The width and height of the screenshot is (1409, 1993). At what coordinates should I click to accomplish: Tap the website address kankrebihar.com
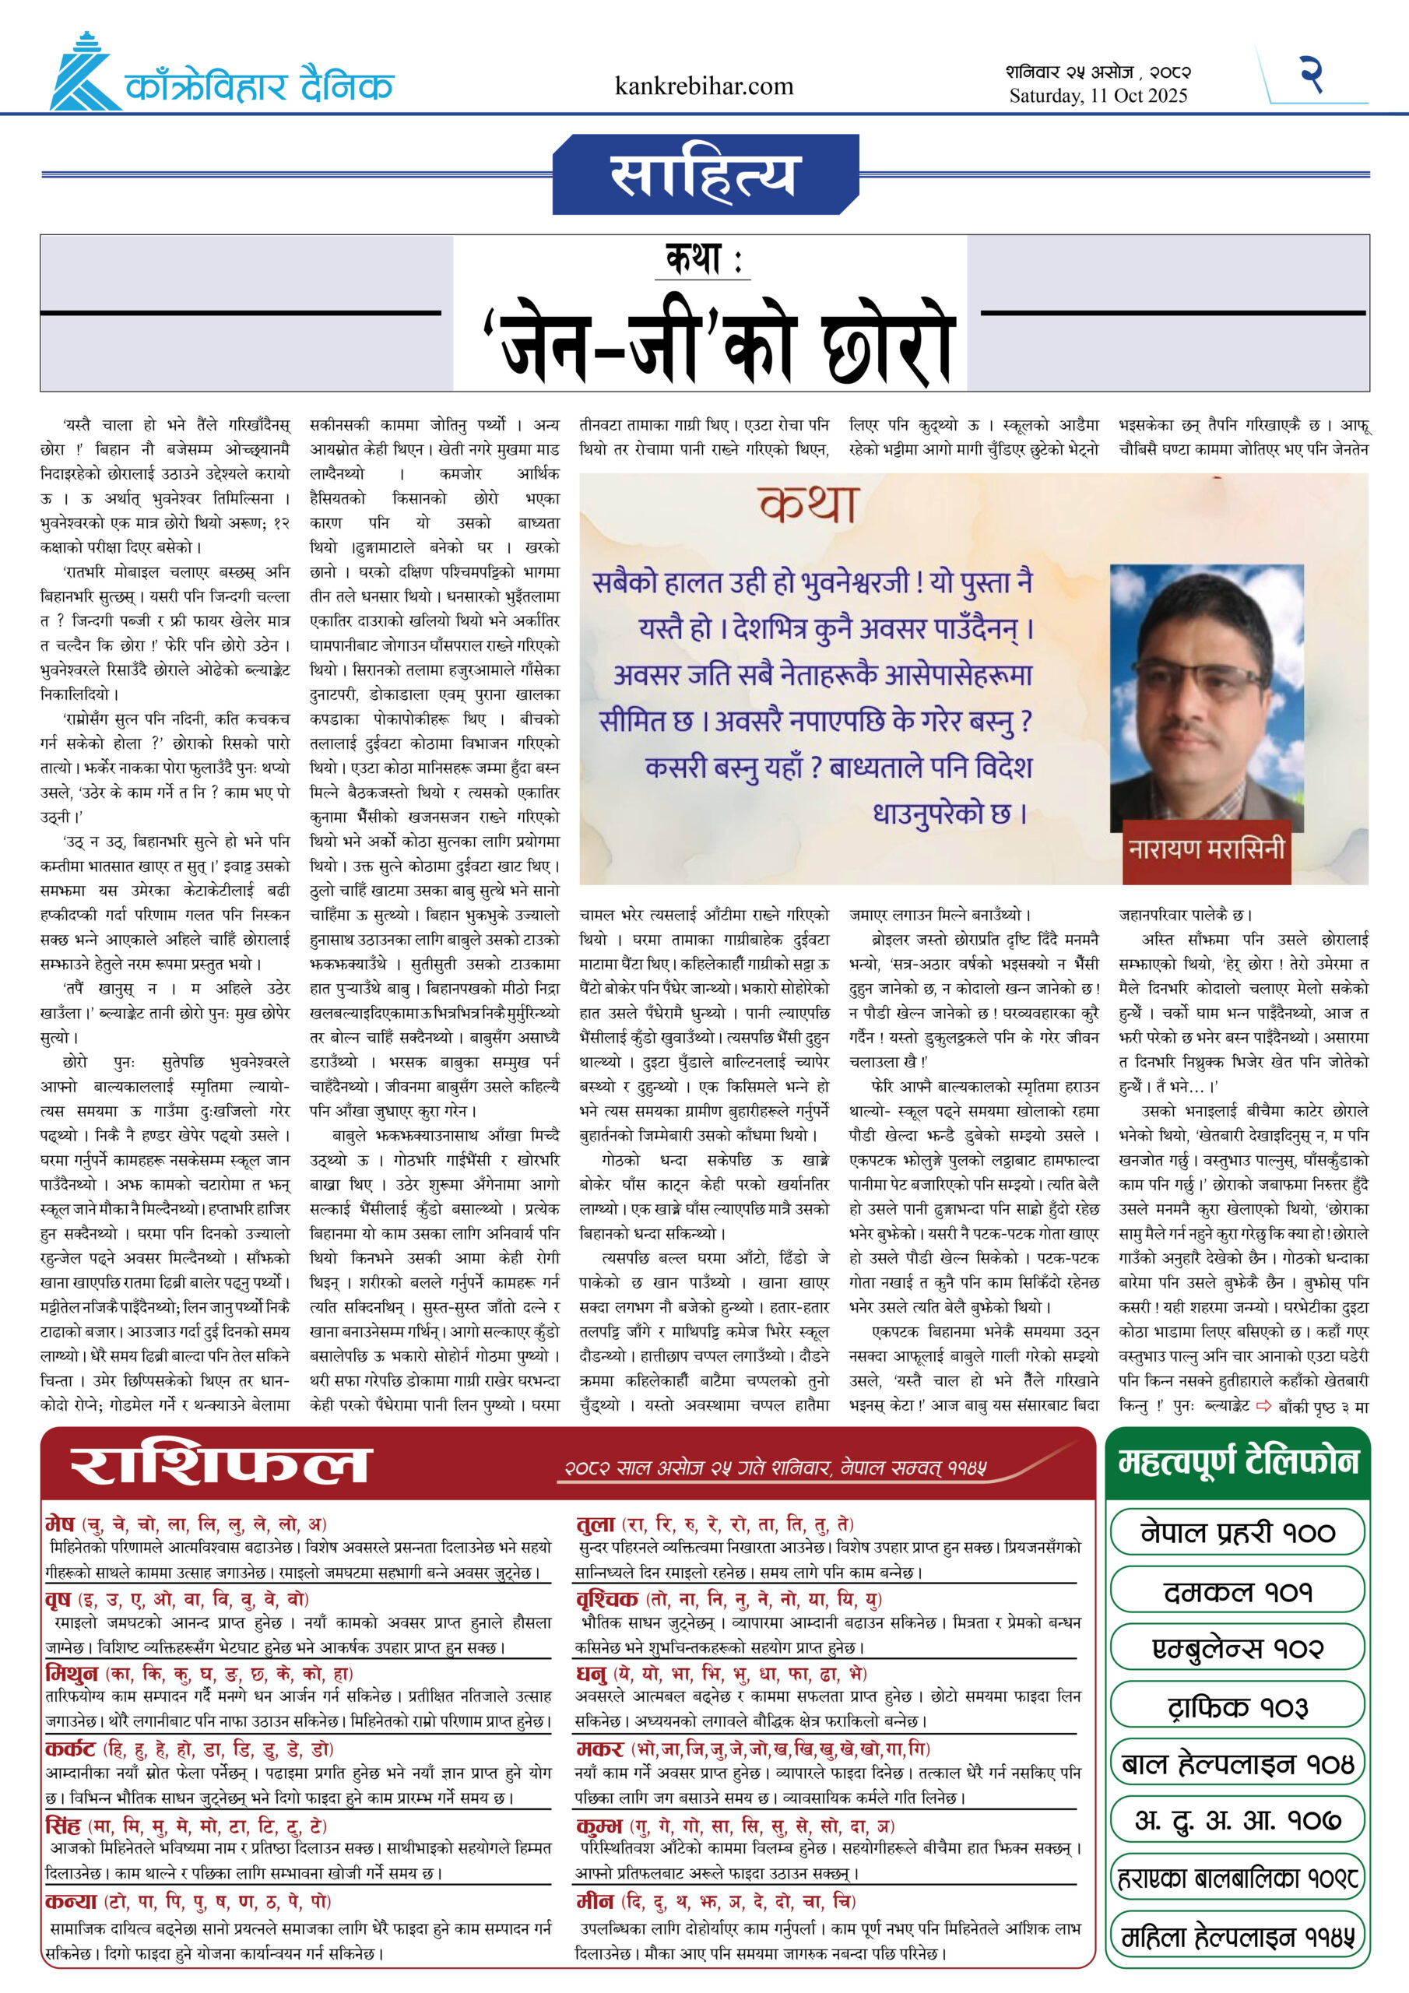[703, 86]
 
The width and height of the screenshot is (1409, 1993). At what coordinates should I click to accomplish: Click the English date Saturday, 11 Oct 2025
[1098, 97]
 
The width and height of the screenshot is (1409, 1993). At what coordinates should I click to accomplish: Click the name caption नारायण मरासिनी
[1206, 848]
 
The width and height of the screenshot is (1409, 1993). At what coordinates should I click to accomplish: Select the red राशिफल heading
[220, 1465]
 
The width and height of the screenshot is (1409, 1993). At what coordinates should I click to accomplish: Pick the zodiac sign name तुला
[596, 1524]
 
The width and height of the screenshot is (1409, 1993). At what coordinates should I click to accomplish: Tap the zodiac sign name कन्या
[70, 1901]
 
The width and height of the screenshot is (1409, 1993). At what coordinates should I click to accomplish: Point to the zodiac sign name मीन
[595, 1901]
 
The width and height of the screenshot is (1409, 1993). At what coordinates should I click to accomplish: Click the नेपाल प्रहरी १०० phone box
[1237, 1532]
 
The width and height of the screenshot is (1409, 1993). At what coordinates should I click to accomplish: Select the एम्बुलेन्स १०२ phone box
[1237, 1648]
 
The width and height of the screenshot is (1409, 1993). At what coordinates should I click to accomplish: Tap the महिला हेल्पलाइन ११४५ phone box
[1237, 1937]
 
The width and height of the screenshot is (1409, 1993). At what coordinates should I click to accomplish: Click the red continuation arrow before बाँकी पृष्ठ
[1263, 1405]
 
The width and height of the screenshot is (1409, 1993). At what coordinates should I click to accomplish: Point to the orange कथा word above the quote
[807, 504]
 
